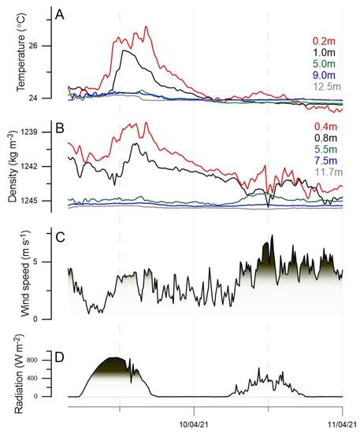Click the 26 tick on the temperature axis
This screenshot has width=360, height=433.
[x=55, y=46]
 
